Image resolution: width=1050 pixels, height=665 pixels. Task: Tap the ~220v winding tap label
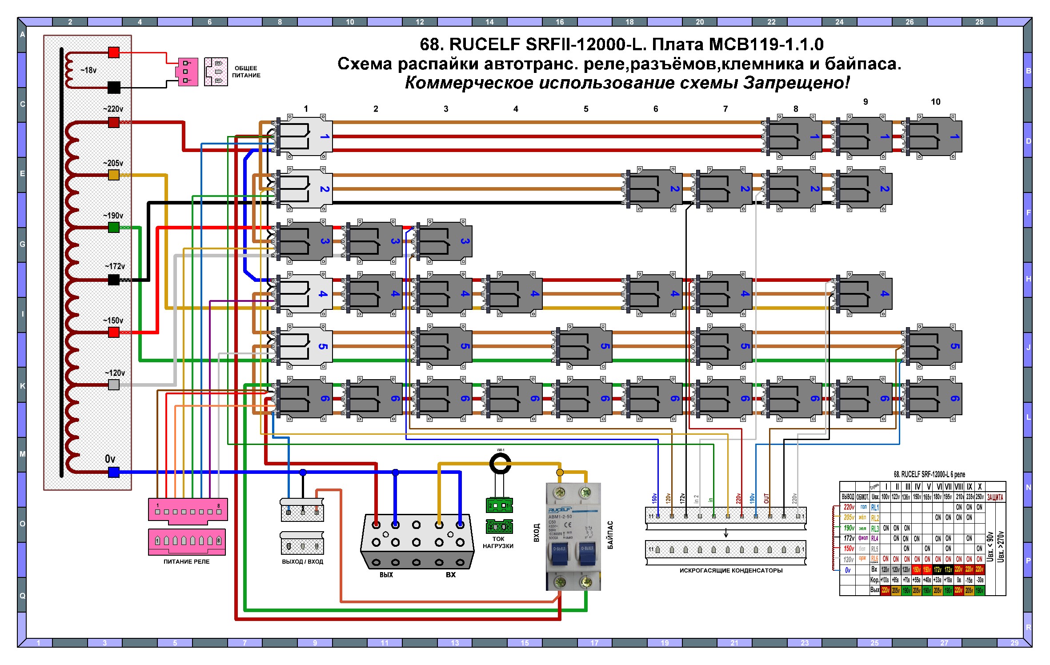pyautogui.click(x=113, y=109)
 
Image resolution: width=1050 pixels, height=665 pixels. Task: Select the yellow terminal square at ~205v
pyautogui.click(x=114, y=175)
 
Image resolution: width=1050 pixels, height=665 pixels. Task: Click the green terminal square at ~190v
pyautogui.click(x=114, y=228)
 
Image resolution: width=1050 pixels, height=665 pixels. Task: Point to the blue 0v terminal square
pyautogui.click(x=114, y=472)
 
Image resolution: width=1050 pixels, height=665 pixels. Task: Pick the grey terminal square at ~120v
pyautogui.click(x=114, y=385)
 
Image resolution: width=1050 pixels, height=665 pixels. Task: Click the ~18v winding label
pyautogui.click(x=88, y=70)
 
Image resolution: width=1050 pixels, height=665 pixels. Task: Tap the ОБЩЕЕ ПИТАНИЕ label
pyautogui.click(x=246, y=72)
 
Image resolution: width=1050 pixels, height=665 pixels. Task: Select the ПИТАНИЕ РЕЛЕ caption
pyautogui.click(x=186, y=561)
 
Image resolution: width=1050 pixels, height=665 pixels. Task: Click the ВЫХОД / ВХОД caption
pyautogui.click(x=302, y=561)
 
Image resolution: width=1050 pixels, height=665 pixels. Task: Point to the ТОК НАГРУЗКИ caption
pyautogui.click(x=498, y=542)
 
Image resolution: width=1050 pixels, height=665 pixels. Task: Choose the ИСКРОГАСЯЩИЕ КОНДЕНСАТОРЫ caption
pyautogui.click(x=731, y=570)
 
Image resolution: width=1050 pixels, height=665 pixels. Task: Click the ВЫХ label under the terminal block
pyautogui.click(x=386, y=575)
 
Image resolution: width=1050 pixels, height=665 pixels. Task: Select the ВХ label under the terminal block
pyautogui.click(x=450, y=575)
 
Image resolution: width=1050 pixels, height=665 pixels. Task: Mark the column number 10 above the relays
pyautogui.click(x=935, y=102)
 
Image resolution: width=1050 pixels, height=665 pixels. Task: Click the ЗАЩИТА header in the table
pyautogui.click(x=995, y=497)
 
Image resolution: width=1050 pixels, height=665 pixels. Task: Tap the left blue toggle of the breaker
pyautogui.click(x=559, y=556)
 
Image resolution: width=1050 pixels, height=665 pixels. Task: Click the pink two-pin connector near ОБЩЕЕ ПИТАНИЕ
pyautogui.click(x=188, y=72)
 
